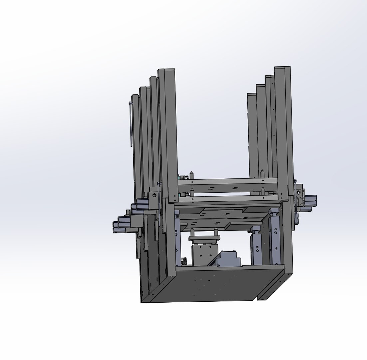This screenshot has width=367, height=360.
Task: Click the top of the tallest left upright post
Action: pyautogui.click(x=167, y=70)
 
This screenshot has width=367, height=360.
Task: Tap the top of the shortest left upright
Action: pyautogui.click(x=135, y=96)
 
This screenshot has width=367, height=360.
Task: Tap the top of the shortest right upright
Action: pyautogui.click(x=251, y=95)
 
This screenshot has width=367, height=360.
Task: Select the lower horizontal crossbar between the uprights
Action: pyautogui.click(x=226, y=199)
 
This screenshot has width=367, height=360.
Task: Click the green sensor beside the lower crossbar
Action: pyautogui.click(x=181, y=194)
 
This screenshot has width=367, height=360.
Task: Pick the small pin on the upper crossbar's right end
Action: pyautogui.click(x=263, y=173)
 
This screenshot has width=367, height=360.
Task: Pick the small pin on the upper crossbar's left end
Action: pyautogui.click(x=192, y=174)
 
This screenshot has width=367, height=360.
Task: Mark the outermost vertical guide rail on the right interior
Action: pyautogui.click(x=275, y=238)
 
